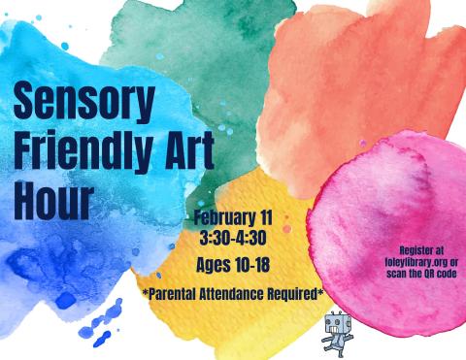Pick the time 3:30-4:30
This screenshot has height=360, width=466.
pos(233,237)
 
